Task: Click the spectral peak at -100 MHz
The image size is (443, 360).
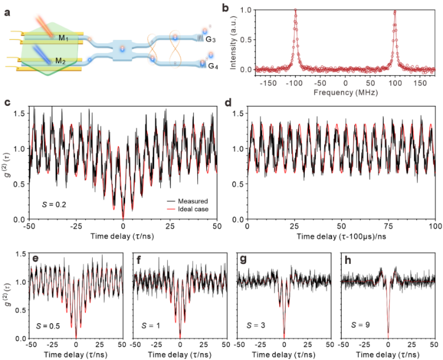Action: pos(296,10)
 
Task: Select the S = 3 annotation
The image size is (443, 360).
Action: pos(254,326)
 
